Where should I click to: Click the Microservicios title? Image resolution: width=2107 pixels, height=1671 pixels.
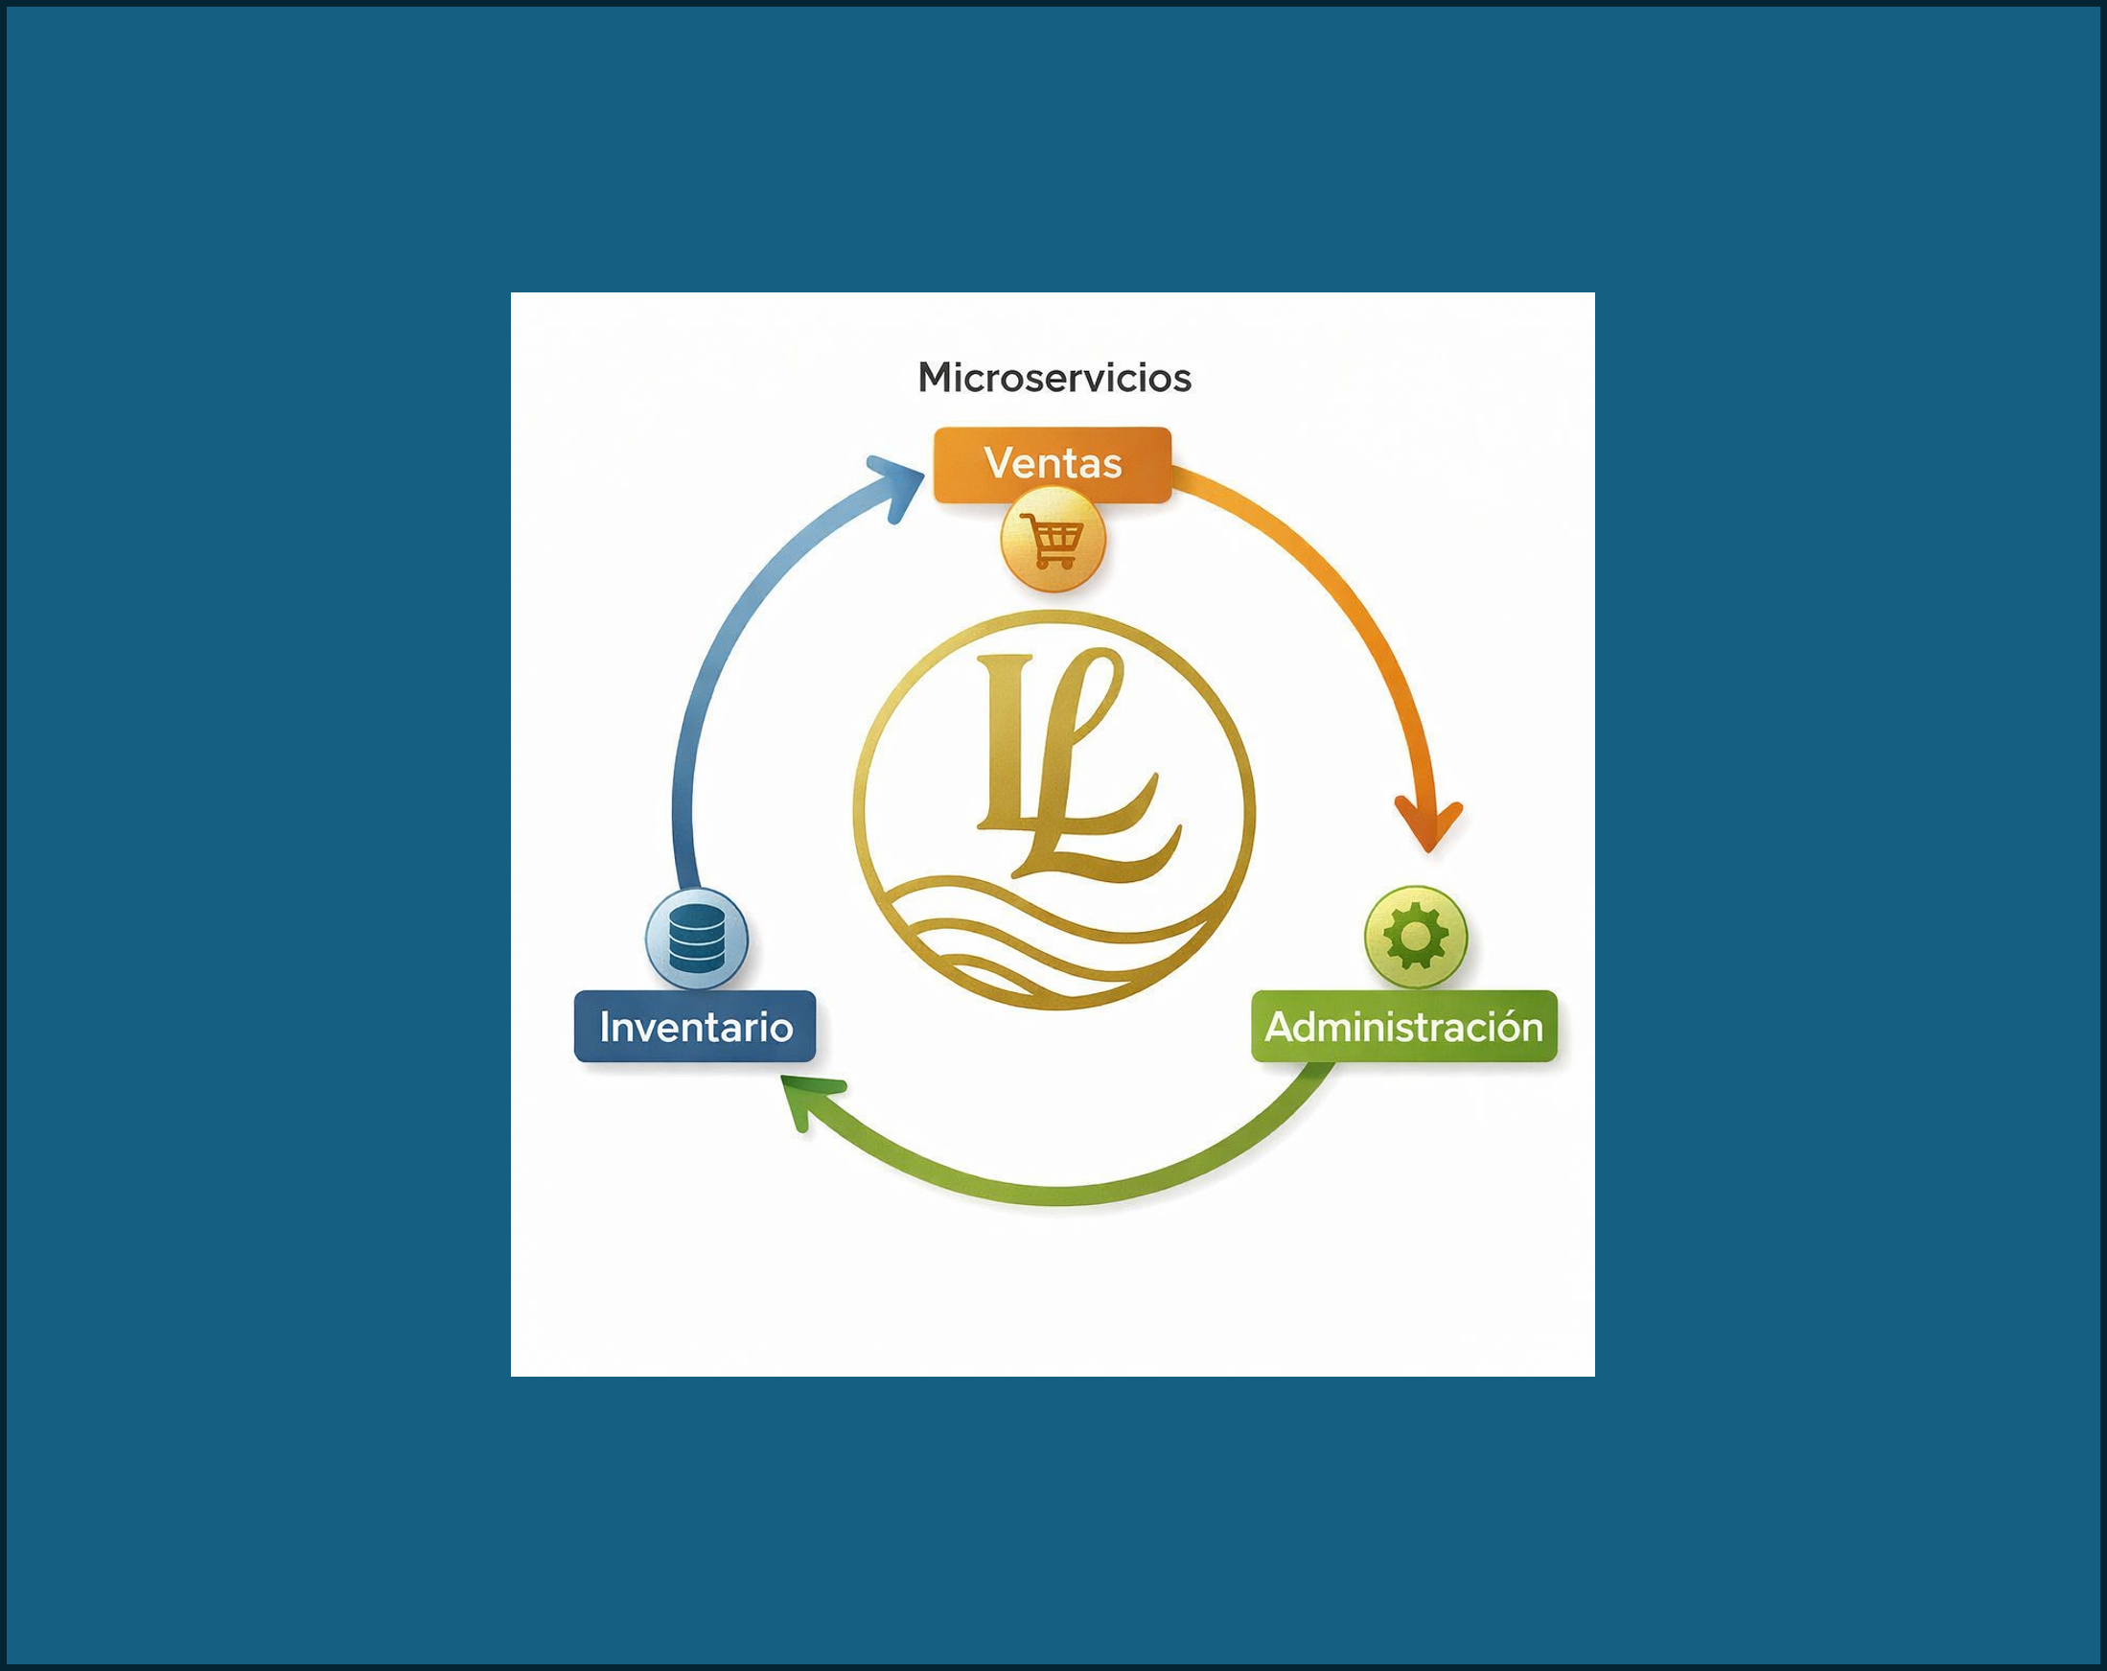click(x=1053, y=378)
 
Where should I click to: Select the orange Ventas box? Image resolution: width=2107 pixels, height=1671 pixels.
click(x=1053, y=464)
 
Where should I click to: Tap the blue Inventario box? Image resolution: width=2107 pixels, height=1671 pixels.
click(x=695, y=1026)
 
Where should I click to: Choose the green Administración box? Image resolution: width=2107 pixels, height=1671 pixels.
click(x=1403, y=1026)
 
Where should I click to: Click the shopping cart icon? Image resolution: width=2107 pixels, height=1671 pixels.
click(x=1052, y=541)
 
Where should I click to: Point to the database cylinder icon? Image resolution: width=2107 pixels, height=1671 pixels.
click(x=697, y=939)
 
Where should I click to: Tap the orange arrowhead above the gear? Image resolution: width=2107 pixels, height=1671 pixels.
click(x=1427, y=824)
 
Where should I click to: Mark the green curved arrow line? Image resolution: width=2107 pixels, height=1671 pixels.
click(x=1055, y=1195)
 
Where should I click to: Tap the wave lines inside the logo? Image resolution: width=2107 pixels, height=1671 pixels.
click(x=1046, y=943)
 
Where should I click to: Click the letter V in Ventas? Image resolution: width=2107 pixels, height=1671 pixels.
click(x=997, y=464)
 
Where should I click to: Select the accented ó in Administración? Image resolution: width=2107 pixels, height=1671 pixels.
click(x=1505, y=1026)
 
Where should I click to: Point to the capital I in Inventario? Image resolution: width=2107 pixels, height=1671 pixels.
click(x=605, y=1027)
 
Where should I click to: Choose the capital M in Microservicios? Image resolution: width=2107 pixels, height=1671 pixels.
click(x=936, y=378)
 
